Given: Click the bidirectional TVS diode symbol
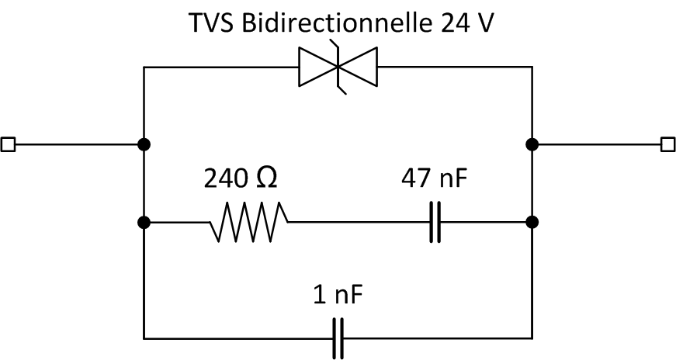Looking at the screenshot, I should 337,67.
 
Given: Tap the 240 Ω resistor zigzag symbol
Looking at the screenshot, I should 249,223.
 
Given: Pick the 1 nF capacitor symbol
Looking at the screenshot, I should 338,338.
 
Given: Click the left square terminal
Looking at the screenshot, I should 8,144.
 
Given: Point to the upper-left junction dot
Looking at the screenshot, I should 144,144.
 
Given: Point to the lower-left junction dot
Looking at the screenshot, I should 144,223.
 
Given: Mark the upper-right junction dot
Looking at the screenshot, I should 532,144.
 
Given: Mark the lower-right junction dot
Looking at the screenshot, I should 532,223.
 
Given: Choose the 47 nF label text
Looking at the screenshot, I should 435,180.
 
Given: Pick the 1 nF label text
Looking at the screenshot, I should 338,296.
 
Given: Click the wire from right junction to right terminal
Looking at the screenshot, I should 598,144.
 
